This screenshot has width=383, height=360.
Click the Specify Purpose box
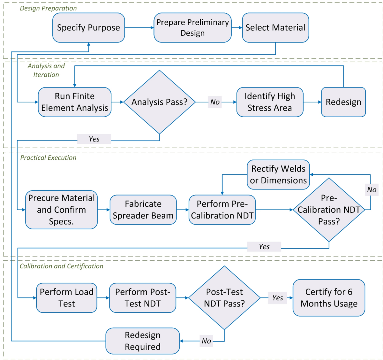88,28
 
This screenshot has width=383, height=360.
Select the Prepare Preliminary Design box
192,28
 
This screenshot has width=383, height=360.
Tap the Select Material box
275,28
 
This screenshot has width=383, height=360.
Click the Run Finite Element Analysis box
75,102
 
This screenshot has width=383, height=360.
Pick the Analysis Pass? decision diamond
159,102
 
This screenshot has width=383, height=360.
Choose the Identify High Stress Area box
270,102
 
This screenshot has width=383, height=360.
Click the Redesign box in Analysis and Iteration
343,102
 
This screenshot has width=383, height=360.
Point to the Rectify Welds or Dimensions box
278,174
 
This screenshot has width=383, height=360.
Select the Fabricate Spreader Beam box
143,210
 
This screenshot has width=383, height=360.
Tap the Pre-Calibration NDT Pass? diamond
329,210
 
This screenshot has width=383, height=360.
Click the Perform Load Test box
66,298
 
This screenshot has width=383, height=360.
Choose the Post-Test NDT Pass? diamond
224,298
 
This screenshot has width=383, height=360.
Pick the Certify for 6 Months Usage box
329,298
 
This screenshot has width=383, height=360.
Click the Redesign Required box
143,341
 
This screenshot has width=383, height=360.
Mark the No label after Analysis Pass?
215,102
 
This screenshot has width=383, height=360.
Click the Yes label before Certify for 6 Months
277,298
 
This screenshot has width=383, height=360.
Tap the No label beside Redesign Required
206,341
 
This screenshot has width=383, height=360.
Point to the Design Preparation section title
48,8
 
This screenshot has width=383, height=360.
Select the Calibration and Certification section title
61,266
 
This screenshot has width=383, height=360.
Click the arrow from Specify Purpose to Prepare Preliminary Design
139,28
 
